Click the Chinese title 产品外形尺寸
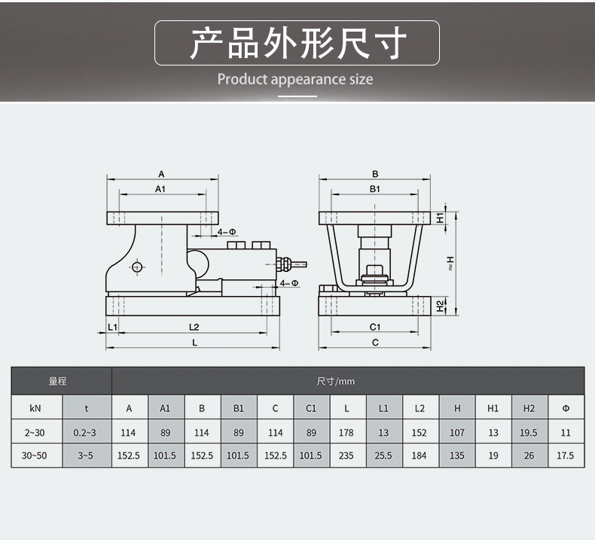click(297, 43)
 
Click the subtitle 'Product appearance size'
click(295, 79)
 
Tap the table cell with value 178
click(346, 433)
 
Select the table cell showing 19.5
click(529, 433)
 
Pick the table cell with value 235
click(346, 456)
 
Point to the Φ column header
click(566, 409)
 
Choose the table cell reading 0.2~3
click(87, 433)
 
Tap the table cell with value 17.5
click(566, 456)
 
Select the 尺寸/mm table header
click(336, 382)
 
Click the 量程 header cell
click(58, 382)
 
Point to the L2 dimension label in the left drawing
click(193, 326)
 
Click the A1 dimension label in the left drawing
click(160, 189)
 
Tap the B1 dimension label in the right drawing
click(375, 189)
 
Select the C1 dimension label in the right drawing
click(375, 326)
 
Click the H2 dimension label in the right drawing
click(441, 306)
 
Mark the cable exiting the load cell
click(297, 264)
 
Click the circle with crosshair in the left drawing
click(137, 266)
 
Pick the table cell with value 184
click(420, 456)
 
